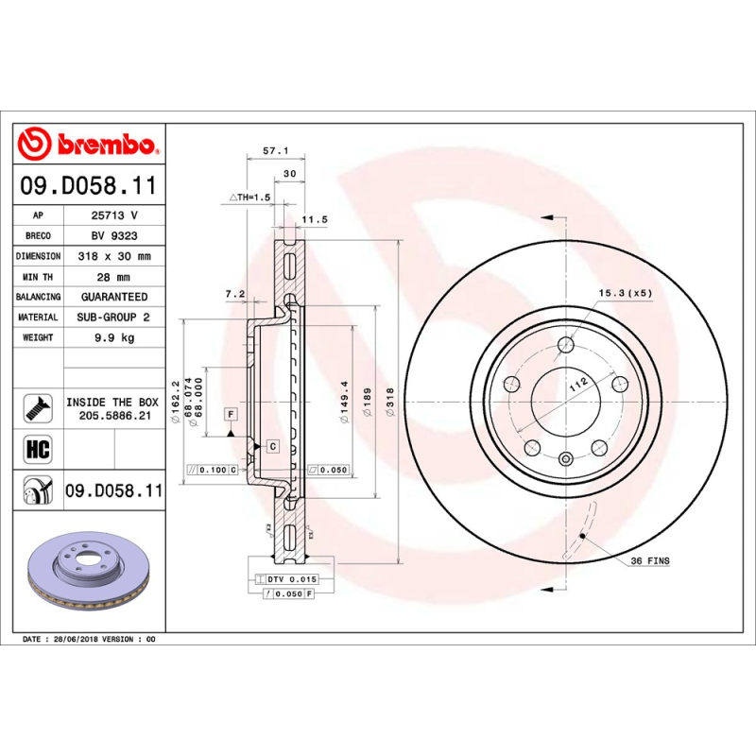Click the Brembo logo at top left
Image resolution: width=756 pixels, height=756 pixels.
[88, 144]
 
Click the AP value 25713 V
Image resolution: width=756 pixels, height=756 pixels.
[114, 215]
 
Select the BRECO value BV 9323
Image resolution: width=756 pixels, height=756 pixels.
[114, 235]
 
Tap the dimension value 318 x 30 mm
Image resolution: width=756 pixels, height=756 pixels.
[114, 256]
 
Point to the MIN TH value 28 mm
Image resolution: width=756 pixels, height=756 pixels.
[114, 277]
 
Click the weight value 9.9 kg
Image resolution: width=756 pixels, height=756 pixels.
[114, 337]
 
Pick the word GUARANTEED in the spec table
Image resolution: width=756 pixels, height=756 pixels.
[114, 297]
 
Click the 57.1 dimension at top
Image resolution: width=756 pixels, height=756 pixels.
[274, 151]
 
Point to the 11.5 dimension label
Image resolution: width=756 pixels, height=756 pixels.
[314, 220]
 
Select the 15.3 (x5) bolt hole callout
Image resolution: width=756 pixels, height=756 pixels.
[626, 294]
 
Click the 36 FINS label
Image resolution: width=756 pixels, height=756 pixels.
[650, 561]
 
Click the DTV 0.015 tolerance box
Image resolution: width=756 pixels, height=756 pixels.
[286, 577]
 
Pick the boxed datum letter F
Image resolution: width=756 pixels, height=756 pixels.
[230, 414]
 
